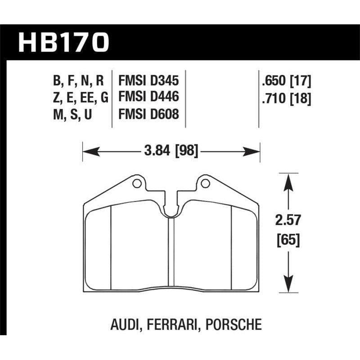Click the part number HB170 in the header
pyautogui.click(x=63, y=43)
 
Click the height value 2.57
pyautogui.click(x=288, y=220)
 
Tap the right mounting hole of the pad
pyautogui.click(x=205, y=183)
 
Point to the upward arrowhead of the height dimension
pyautogui.click(x=288, y=177)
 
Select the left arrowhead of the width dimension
pyautogui.click(x=87, y=151)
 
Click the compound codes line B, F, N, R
pyautogui.click(x=78, y=81)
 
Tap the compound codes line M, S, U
pyautogui.click(x=72, y=114)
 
